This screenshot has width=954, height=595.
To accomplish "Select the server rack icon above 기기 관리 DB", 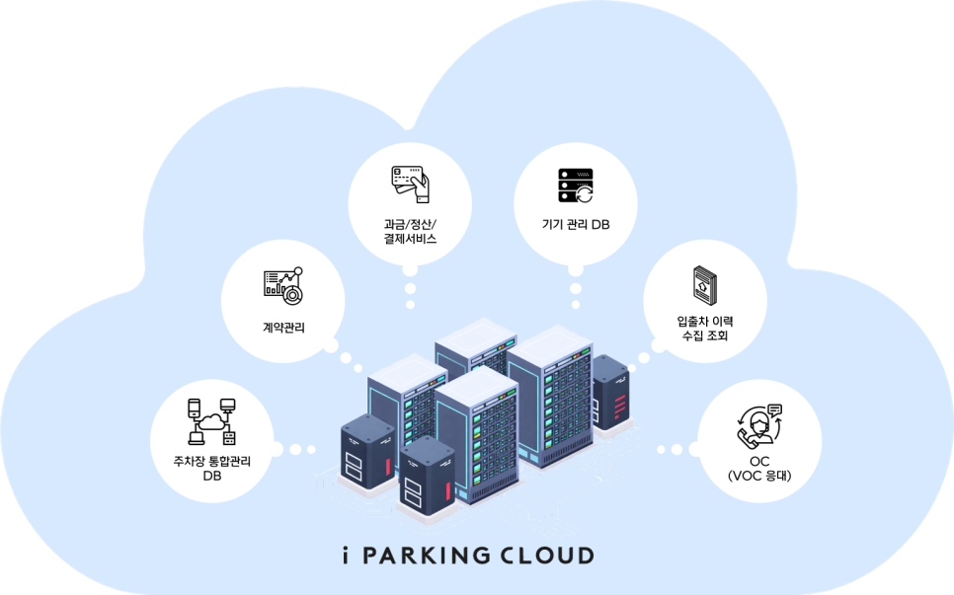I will tap(575, 185).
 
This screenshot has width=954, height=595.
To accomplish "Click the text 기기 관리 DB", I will tap(576, 225).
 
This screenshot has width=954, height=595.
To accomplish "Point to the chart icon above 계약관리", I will tap(282, 284).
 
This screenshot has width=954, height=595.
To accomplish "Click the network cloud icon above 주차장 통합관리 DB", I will tap(211, 420).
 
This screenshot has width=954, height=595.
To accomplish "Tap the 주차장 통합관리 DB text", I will tap(211, 468).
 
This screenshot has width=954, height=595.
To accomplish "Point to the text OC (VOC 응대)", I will tap(758, 468).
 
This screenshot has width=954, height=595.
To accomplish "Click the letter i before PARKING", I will tap(339, 555).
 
